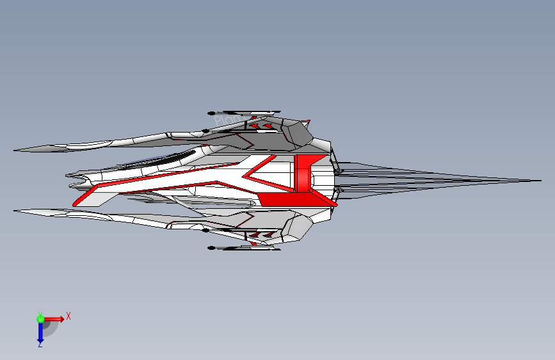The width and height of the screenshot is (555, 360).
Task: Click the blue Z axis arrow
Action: coord(40,332)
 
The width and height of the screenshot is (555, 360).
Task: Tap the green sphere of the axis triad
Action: coord(40,318)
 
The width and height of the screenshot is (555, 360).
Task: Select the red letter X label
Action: coord(68,316)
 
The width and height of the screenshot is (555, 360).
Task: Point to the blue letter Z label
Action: coord(40,345)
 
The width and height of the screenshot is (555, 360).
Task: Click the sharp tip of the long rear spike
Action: coord(539,181)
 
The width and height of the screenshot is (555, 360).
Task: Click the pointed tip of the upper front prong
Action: coord(15,151)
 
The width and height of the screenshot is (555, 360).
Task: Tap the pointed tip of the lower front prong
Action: coord(15,209)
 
